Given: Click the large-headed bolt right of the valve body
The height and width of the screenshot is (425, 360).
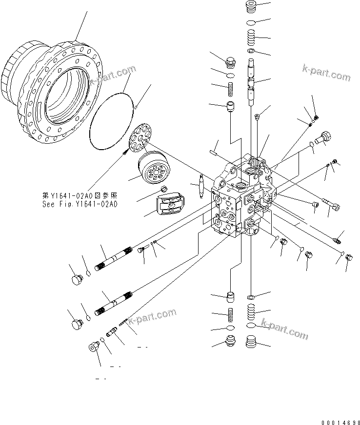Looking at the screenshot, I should click(323, 138).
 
